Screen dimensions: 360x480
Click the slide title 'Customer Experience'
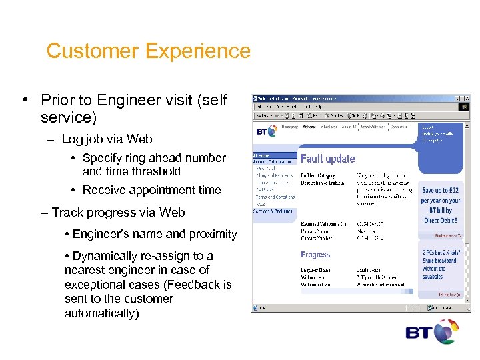148,51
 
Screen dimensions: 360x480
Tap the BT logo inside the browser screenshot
267,131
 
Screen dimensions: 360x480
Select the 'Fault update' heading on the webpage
327,159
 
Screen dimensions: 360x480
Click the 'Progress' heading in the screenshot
315,255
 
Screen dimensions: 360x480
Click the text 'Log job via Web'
107,139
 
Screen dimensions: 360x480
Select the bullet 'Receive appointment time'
151,190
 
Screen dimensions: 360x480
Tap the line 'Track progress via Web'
117,213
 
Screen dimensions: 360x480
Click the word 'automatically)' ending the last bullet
101,313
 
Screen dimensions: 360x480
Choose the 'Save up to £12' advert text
441,191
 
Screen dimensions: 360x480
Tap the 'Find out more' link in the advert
447,235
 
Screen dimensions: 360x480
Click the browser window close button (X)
465,99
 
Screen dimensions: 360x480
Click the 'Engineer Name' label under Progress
315,270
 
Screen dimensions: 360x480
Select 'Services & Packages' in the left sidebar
272,211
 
